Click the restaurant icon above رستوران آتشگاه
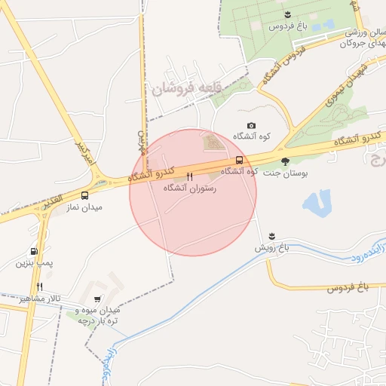click(x=189, y=178)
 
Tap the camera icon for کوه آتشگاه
click(x=251, y=126)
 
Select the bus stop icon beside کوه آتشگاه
click(x=239, y=160)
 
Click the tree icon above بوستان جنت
click(x=285, y=161)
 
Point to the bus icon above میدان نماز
click(x=84, y=195)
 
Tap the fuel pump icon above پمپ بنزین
click(x=34, y=252)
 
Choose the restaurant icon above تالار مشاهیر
click(x=38, y=287)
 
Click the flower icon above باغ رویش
click(x=271, y=236)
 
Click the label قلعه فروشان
click(x=185, y=89)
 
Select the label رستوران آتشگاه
click(x=189, y=188)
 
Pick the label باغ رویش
click(x=271, y=247)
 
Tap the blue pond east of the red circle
click(x=317, y=203)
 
